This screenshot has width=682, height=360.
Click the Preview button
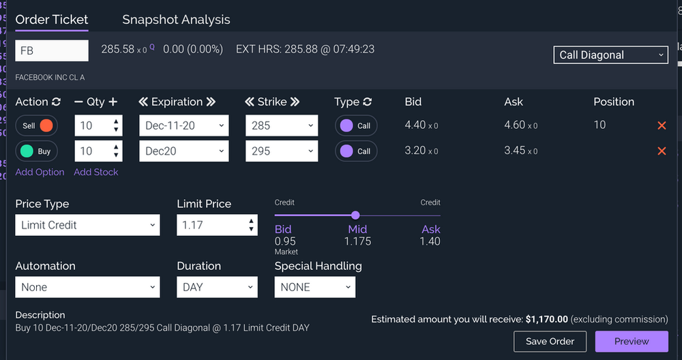coord(632,341)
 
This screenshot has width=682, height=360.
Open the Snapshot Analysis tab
coord(176,20)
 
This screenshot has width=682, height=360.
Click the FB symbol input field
coord(52,50)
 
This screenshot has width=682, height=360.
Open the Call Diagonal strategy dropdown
coord(610,55)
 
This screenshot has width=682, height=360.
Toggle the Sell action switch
coord(37,126)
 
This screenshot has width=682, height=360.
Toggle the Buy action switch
coord(37,151)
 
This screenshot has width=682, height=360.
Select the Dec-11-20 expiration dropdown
coord(184,126)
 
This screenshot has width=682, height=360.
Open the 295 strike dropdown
coord(282,151)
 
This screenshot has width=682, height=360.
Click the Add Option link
coord(40,172)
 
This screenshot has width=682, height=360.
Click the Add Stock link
coord(96,172)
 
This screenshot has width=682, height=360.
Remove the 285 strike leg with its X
coord(662,125)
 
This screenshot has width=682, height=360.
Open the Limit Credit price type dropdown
coord(87,225)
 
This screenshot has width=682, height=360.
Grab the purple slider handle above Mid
coord(355,215)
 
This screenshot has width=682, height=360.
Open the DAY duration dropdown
coord(217,287)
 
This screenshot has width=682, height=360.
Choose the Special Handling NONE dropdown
coord(314,287)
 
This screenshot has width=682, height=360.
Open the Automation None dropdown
coord(87,287)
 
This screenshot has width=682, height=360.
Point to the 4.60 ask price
coord(514,125)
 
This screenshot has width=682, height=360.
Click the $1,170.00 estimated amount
coord(547,319)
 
